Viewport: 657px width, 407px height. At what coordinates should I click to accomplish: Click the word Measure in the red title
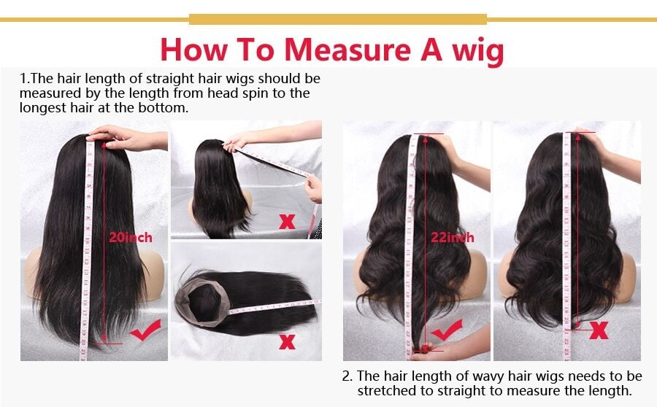coord(347,50)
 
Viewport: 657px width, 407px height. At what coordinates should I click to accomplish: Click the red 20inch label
coord(131,238)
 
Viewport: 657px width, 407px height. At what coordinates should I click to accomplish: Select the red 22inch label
coord(453,238)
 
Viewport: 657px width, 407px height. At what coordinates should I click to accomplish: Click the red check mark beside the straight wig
coord(145,330)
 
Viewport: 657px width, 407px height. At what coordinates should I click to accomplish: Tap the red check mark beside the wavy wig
coord(447,330)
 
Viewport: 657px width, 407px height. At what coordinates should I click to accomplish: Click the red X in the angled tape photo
coord(287,222)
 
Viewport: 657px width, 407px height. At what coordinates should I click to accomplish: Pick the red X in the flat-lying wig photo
coord(287,341)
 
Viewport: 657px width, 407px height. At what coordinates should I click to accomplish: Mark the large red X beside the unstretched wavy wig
coord(599,330)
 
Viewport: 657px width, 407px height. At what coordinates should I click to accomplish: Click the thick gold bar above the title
coord(338,19)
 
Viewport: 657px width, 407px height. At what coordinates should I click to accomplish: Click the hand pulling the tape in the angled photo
coord(313,189)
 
